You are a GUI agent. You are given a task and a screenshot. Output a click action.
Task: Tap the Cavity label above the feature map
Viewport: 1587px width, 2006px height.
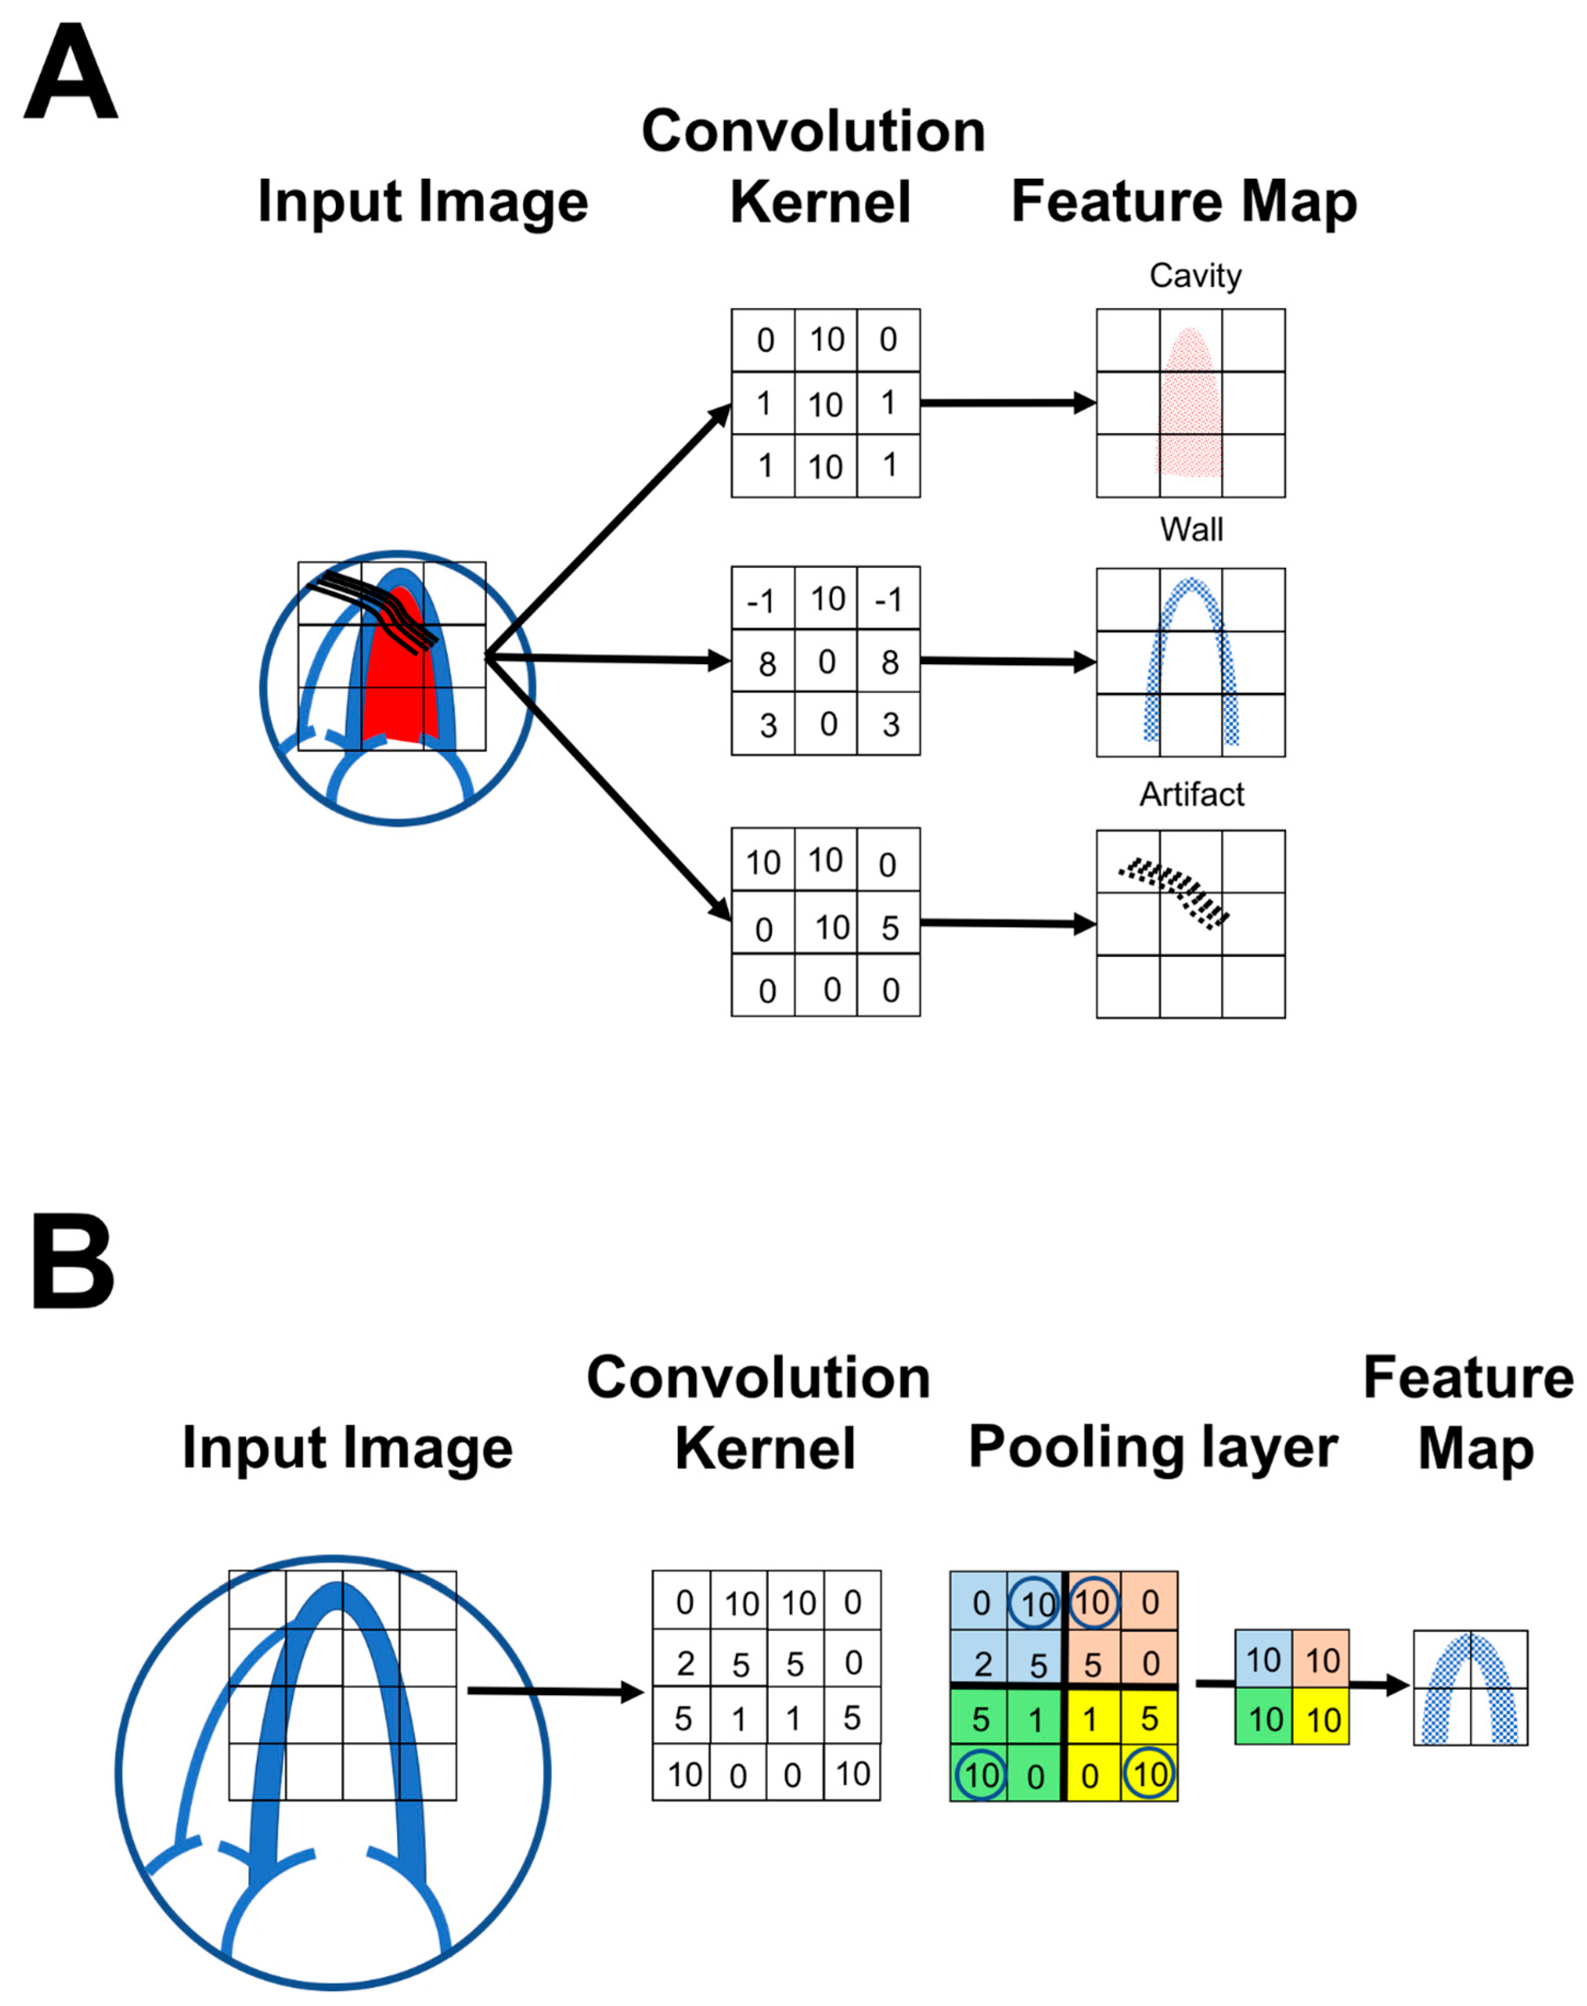[x=1195, y=276]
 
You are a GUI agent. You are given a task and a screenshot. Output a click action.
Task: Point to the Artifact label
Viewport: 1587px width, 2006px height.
[x=1192, y=795]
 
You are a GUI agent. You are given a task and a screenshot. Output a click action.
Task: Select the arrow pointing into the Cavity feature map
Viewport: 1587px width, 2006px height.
[x=1008, y=403]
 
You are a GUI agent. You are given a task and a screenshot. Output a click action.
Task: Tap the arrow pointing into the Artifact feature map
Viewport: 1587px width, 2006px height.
[x=1008, y=924]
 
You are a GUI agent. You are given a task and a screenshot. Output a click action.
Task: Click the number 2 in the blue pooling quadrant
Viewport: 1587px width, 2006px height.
[x=982, y=1664]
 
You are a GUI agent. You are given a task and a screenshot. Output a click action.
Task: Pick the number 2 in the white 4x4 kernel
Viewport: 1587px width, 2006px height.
[x=685, y=1663]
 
